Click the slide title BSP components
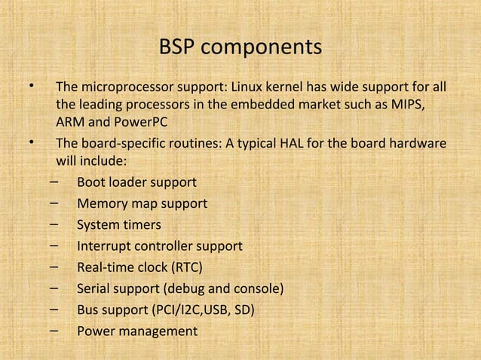coord(240,47)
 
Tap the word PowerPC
coord(139,122)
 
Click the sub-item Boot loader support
coord(136,182)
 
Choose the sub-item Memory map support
coord(142,203)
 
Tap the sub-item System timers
coord(118,224)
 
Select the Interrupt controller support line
coord(159,246)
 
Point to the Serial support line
coord(180,288)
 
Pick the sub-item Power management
coord(136,331)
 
